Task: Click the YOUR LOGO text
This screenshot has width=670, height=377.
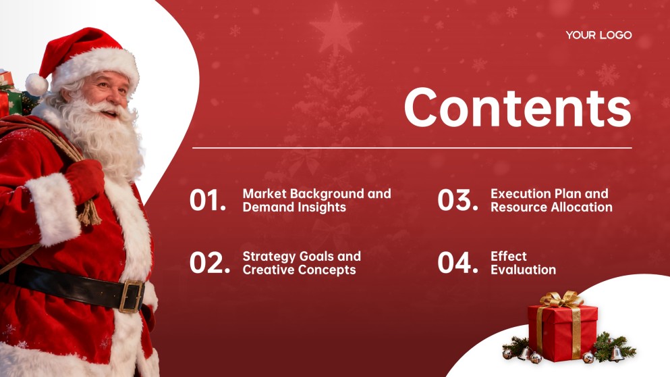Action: point(598,35)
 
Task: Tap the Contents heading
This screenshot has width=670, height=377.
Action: point(518,107)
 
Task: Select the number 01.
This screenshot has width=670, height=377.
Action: point(208,201)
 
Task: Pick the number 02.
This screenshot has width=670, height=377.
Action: point(209,263)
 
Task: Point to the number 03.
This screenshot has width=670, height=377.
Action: point(457,201)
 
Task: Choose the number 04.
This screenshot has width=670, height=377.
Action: point(457,263)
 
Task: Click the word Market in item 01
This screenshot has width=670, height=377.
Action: point(264,194)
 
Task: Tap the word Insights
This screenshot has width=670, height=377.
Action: point(322,207)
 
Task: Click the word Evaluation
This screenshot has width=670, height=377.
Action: point(523,270)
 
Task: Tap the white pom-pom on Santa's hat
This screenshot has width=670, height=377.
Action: point(36,84)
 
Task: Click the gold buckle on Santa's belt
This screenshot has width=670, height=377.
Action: point(133,295)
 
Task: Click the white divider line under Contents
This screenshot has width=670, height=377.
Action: point(412,147)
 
